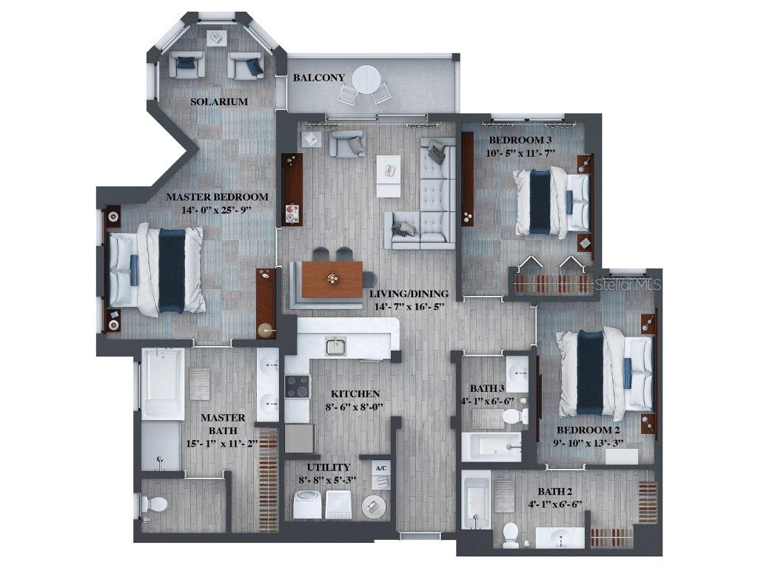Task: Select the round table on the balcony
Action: point(366,78)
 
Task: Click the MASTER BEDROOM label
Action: point(216,197)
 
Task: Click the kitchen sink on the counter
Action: point(335,345)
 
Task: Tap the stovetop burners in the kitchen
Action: point(298,386)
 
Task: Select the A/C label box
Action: point(381,468)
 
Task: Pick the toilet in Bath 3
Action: point(512,416)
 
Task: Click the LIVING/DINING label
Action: point(408,293)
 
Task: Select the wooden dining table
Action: point(332,279)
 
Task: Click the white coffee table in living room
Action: point(389,175)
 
